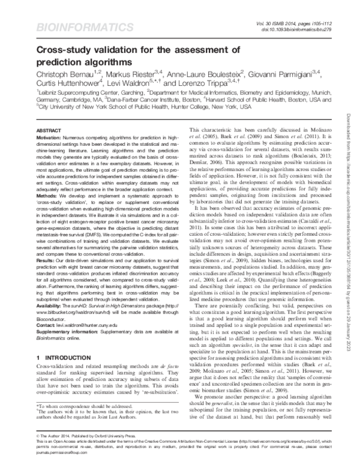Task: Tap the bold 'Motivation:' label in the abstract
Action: [x=52, y=137]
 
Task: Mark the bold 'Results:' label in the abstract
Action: [x=48, y=262]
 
